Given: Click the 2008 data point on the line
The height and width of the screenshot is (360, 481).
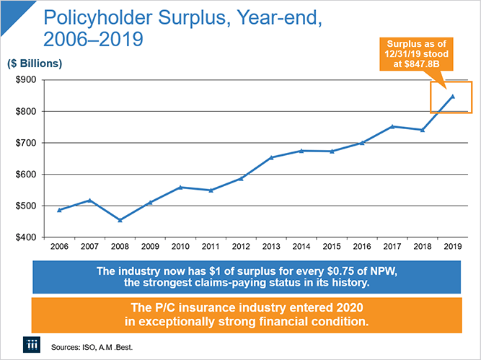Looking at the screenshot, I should click(x=120, y=220).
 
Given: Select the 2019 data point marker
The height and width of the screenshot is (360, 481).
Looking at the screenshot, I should click(x=453, y=96).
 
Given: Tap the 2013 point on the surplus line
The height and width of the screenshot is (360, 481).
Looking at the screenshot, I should click(x=271, y=157).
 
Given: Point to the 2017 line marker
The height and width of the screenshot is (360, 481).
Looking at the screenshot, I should click(x=392, y=126).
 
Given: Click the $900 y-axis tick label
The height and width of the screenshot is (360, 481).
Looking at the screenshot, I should click(x=27, y=79).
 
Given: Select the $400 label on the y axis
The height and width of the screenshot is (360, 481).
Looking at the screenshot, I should click(x=27, y=237).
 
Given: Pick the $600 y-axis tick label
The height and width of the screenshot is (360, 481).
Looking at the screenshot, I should click(x=27, y=174).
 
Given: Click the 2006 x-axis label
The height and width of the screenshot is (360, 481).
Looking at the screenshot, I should click(x=59, y=247).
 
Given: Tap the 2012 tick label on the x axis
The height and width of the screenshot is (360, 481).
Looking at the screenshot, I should click(x=241, y=247).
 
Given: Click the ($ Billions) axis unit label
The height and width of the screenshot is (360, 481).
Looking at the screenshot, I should click(x=35, y=63).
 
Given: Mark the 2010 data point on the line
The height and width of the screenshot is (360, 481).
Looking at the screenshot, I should click(x=180, y=187).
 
